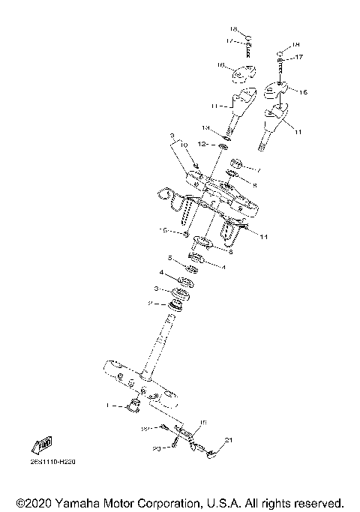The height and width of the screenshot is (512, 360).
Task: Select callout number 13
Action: coord(205,128)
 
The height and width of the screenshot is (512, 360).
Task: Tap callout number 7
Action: coord(260,170)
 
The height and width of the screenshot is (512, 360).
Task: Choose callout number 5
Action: coord(170,258)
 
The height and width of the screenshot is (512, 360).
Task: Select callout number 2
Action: coord(149,303)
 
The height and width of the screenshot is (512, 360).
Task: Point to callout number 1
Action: coord(109,405)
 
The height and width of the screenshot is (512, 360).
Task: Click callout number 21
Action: coord(229,440)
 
